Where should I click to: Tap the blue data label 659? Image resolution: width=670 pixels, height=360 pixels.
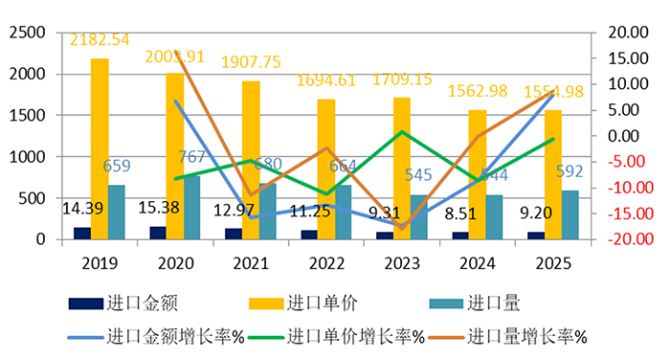(x=117, y=166)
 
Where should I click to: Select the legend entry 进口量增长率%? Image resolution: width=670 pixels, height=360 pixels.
(x=527, y=336)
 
